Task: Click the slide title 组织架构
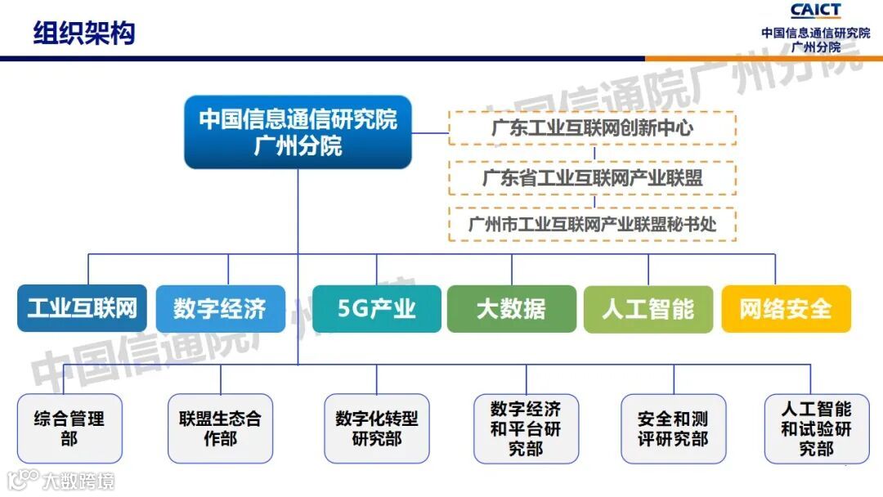(83, 34)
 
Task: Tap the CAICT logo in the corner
(815, 11)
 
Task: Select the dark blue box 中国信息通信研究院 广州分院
(298, 132)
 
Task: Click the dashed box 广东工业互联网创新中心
(592, 128)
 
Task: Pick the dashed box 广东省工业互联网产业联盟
(592, 177)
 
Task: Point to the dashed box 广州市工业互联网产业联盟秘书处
(592, 224)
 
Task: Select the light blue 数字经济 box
(220, 309)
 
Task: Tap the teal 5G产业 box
(376, 309)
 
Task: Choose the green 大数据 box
(511, 309)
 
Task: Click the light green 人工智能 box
(648, 309)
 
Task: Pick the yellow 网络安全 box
(786, 309)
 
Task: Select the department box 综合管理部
(69, 428)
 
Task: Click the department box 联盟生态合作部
(220, 428)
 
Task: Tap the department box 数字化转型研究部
(376, 428)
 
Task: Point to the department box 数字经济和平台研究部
(526, 428)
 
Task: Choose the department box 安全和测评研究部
(674, 428)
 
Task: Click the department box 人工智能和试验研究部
(816, 428)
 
